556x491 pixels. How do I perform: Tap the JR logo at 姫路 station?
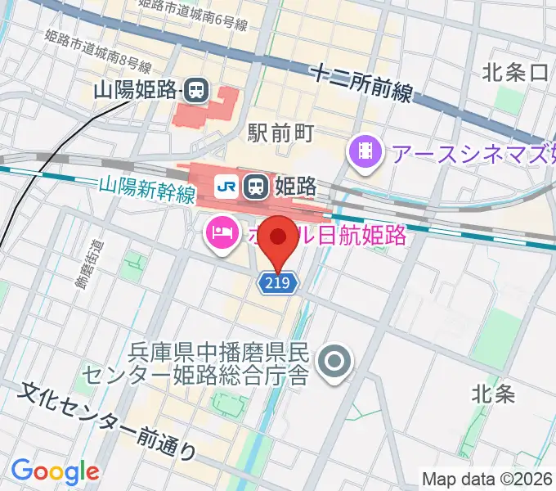coord(226,187)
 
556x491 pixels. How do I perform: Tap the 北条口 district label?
coord(514,73)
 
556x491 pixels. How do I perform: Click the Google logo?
coord(55,471)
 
